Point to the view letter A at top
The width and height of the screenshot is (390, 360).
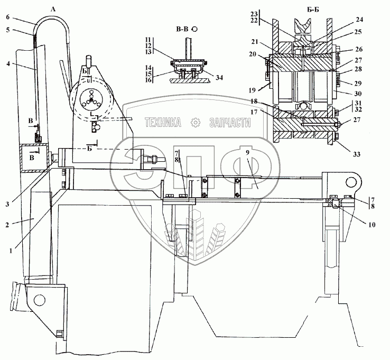(x=53, y=7)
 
